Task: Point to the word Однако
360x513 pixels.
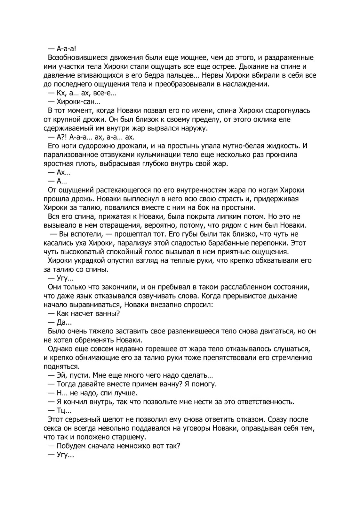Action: (60, 349)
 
